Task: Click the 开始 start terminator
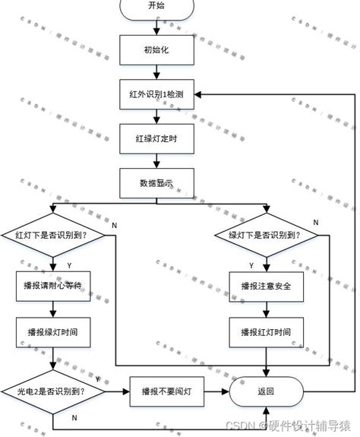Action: [x=156, y=6]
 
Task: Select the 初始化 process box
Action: [x=156, y=51]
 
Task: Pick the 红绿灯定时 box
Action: [x=156, y=138]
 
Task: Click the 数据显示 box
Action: [x=156, y=182]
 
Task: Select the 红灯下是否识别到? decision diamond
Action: [x=51, y=235]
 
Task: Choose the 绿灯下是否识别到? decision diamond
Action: [x=266, y=235]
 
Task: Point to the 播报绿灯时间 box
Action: [x=52, y=332]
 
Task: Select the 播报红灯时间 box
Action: [x=266, y=332]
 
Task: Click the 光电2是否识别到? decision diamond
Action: [x=51, y=391]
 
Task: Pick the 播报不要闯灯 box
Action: [x=166, y=391]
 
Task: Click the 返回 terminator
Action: [x=266, y=391]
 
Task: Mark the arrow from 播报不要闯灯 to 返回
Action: [x=216, y=391]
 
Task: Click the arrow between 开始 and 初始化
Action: [x=156, y=27]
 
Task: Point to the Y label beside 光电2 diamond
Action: [x=98, y=378]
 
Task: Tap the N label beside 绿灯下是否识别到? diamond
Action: [x=316, y=221]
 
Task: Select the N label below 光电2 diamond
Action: [x=74, y=418]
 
